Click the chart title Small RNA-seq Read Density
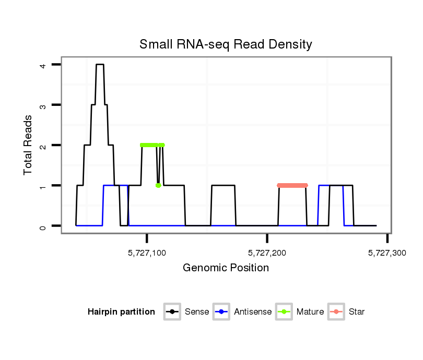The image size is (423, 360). pos(226,44)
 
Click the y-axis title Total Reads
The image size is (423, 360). pos(28,145)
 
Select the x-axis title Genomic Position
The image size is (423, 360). pos(226,268)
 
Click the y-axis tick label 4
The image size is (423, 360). pos(43,65)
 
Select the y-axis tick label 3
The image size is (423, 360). pos(43,105)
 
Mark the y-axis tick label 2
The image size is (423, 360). pos(43,145)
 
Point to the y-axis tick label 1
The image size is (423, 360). pos(43,186)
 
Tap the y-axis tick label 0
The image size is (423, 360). pos(43,226)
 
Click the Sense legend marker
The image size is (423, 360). pos(172,312)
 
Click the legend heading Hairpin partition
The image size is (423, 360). pos(121,312)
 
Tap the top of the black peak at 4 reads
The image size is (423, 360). pos(99,65)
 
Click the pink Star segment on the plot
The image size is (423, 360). pos(292,185)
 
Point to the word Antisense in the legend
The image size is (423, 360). pos(253,312)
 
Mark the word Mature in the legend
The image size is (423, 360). pos(310,312)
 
